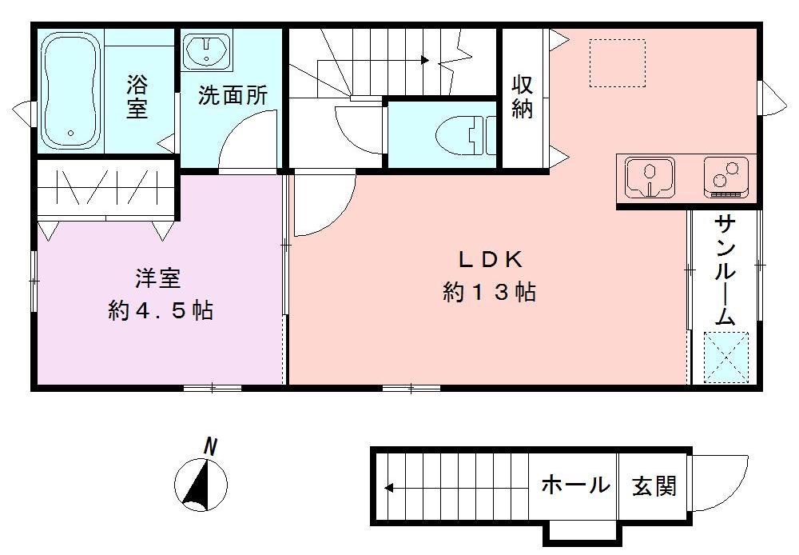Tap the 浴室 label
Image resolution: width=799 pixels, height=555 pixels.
(137, 96)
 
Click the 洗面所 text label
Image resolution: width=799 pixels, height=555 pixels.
(233, 96)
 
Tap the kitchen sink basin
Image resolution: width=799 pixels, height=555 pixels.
(649, 178)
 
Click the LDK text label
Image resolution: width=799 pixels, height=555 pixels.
(489, 259)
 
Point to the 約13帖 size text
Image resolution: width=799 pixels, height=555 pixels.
(489, 293)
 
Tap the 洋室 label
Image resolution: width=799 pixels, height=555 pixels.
(157, 278)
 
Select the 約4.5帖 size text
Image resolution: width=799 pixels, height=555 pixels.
(160, 310)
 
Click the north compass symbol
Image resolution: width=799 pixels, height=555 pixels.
(201, 484)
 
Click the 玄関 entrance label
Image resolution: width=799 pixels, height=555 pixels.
(654, 485)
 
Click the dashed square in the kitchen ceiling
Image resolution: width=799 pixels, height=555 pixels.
(617, 62)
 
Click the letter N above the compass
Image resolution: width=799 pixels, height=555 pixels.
(210, 446)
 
